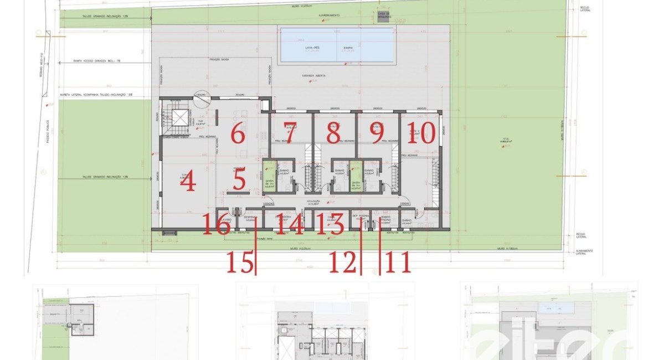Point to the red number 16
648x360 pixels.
coord(216,225)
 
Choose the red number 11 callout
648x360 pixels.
coord(398,263)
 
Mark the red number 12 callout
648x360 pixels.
coord(343,263)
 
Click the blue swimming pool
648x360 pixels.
coord(337,45)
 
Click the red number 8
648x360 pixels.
coord(333,133)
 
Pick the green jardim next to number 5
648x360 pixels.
coord(269,176)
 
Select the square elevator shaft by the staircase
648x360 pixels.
coord(179,119)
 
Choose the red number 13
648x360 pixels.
coord(331,225)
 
